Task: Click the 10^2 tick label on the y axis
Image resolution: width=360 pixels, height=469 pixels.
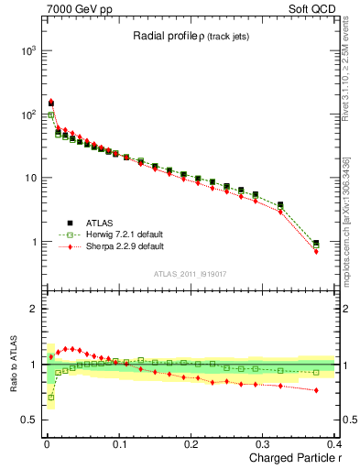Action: (28, 115)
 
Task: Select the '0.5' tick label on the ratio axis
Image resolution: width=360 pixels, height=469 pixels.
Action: (30, 420)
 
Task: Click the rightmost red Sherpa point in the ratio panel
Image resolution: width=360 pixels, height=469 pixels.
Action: (316, 390)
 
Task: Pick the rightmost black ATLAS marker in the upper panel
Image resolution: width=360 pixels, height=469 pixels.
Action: (316, 244)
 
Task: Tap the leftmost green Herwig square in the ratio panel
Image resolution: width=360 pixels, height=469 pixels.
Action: (50, 398)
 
